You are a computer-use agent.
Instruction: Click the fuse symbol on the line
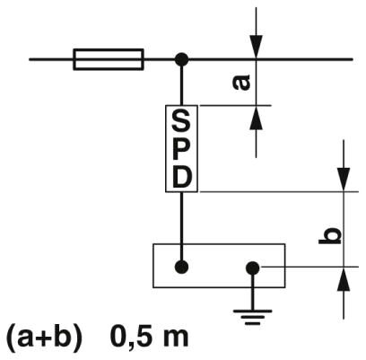109,59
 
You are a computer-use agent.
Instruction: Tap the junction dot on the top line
181,59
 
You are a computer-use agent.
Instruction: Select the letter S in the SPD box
181,121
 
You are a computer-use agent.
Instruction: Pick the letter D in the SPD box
181,178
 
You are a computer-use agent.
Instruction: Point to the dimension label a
241,83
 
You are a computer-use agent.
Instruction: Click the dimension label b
330,237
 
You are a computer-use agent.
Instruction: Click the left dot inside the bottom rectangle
181,267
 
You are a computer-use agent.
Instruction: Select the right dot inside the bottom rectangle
253,268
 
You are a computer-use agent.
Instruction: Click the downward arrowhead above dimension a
257,47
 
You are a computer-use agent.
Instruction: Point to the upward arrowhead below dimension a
257,118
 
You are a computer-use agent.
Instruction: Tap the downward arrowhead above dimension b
344,180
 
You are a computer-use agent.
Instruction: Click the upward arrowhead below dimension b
344,279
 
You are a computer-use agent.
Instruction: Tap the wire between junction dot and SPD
181,85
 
